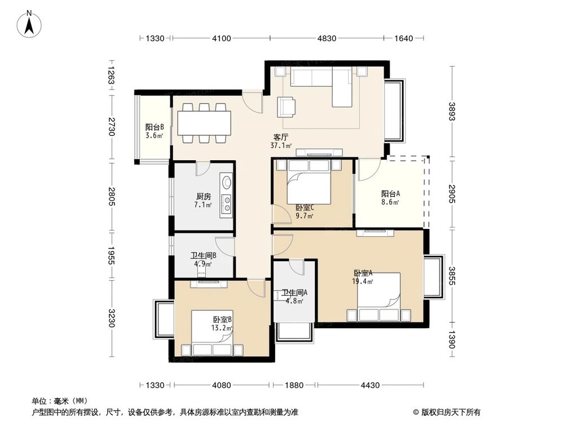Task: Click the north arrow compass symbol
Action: coord(29,24)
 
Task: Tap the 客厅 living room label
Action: coord(281,137)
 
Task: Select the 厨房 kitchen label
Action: coord(204,196)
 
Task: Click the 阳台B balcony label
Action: coord(155,127)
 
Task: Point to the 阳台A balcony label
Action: coord(391,193)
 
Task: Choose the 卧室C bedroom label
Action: coord(305,208)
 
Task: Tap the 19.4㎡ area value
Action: coord(363,281)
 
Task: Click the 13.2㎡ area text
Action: coord(222,328)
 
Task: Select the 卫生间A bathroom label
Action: coord(294,292)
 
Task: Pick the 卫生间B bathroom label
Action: coord(203,255)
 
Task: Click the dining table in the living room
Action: coord(204,123)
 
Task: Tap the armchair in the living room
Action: coord(287,107)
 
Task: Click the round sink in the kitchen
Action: coord(227,182)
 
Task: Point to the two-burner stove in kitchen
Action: coord(227,204)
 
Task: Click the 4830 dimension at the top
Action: coord(327,38)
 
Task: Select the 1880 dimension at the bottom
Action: coord(294,385)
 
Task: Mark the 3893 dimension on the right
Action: coord(452,112)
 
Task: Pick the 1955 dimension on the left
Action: coord(111,255)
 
